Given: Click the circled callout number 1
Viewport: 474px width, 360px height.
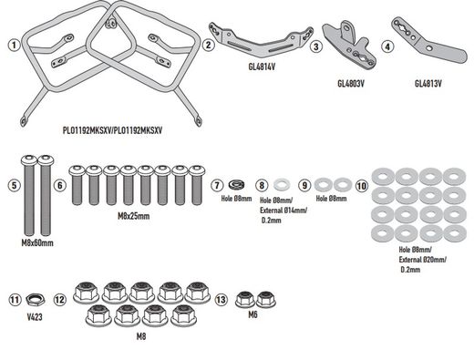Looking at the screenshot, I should coord(13,44).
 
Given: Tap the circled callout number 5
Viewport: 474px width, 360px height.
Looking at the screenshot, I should coord(13,186).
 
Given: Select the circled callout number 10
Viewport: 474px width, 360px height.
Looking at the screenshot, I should coord(361,185).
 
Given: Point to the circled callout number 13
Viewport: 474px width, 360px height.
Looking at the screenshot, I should coord(222,300).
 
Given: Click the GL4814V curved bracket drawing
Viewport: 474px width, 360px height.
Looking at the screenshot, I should coord(259,36).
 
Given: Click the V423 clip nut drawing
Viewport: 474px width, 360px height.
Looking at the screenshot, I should coord(36,300).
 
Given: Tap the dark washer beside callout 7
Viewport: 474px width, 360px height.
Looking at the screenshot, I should coord(236,185).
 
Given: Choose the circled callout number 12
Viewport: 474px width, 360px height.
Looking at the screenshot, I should coord(59,300).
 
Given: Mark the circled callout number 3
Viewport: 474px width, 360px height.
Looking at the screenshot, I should coord(315,45).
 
